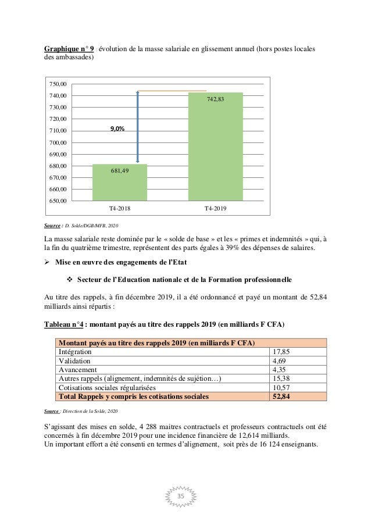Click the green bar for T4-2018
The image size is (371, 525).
pyautogui.click(x=119, y=183)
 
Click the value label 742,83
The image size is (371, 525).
pyautogui.click(x=215, y=99)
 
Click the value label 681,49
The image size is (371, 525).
pyautogui.click(x=119, y=170)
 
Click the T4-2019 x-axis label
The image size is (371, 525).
pyautogui.click(x=216, y=208)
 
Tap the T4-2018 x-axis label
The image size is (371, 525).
pyautogui.click(x=119, y=208)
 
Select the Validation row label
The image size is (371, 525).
pyautogui.click(x=76, y=361)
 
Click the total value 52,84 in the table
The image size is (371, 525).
pyautogui.click(x=281, y=397)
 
